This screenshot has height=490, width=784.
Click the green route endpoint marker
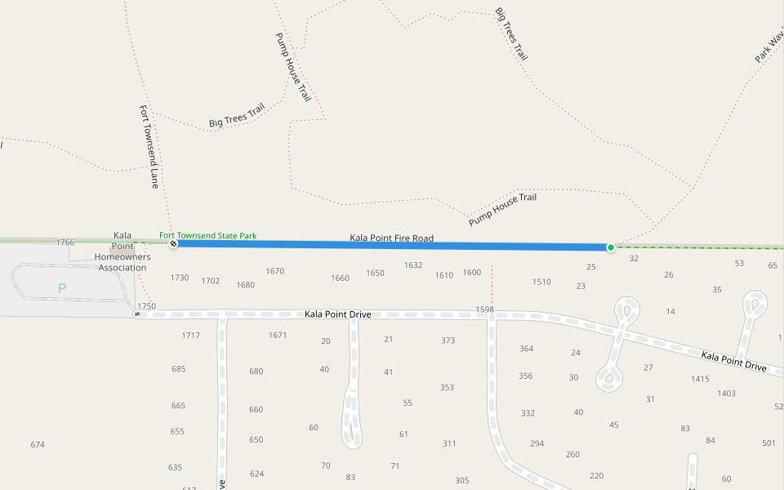pos(610,247)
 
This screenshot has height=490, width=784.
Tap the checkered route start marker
pos(172,243)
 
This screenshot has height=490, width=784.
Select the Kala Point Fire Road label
pos(391,238)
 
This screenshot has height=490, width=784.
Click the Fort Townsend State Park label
pos(207,236)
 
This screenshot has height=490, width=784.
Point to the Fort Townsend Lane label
pos(149,147)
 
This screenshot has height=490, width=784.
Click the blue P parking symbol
pos(61,288)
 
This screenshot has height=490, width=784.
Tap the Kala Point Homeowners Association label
pos(122,252)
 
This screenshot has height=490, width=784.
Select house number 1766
pos(65,243)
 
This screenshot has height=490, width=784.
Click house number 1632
pos(413,265)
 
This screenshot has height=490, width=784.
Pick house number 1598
pos(485,310)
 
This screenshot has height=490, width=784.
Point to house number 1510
pos(541,283)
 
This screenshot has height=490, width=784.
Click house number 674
pos(38,445)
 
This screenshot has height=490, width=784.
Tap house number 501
pos(768,443)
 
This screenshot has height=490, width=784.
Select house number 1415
pos(700,379)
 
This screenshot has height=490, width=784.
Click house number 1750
pos(146,306)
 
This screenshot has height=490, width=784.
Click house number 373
pos(448,341)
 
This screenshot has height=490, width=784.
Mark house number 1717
pos(191,336)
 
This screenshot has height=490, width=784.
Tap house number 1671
pos(278,336)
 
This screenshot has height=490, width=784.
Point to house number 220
pos(596,476)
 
